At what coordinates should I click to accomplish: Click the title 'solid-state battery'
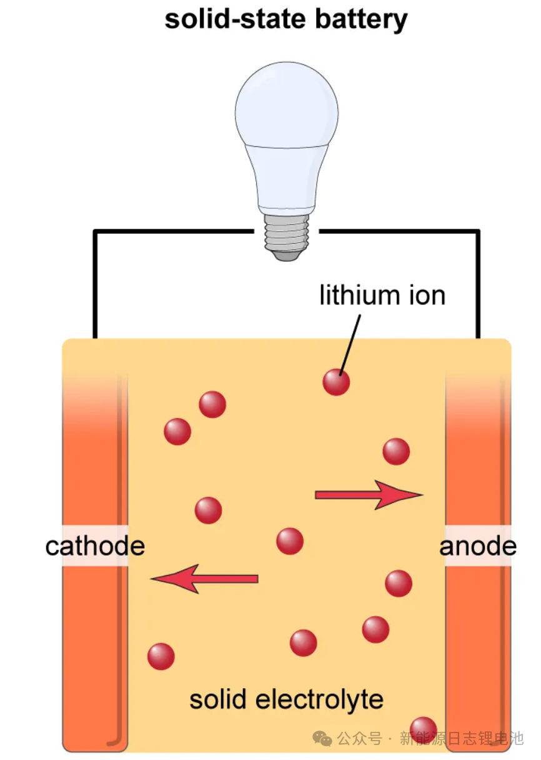(x=285, y=20)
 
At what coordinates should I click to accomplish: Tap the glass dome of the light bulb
(x=287, y=112)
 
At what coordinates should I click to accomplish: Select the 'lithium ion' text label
(x=382, y=295)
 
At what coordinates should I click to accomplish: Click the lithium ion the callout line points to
(x=336, y=382)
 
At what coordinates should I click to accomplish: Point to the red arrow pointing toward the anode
(x=369, y=495)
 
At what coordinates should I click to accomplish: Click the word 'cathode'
(x=95, y=546)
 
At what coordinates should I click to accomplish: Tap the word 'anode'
(x=478, y=546)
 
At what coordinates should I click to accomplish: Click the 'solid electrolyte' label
(x=286, y=699)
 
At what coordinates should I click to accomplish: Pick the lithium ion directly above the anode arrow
(x=396, y=451)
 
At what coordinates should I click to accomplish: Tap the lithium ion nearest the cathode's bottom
(x=161, y=656)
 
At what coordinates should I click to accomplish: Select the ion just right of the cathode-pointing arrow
(x=289, y=541)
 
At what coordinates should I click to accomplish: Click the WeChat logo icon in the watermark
(x=323, y=739)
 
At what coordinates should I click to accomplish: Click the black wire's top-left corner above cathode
(x=95, y=232)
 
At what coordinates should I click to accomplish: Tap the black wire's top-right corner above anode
(x=478, y=232)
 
